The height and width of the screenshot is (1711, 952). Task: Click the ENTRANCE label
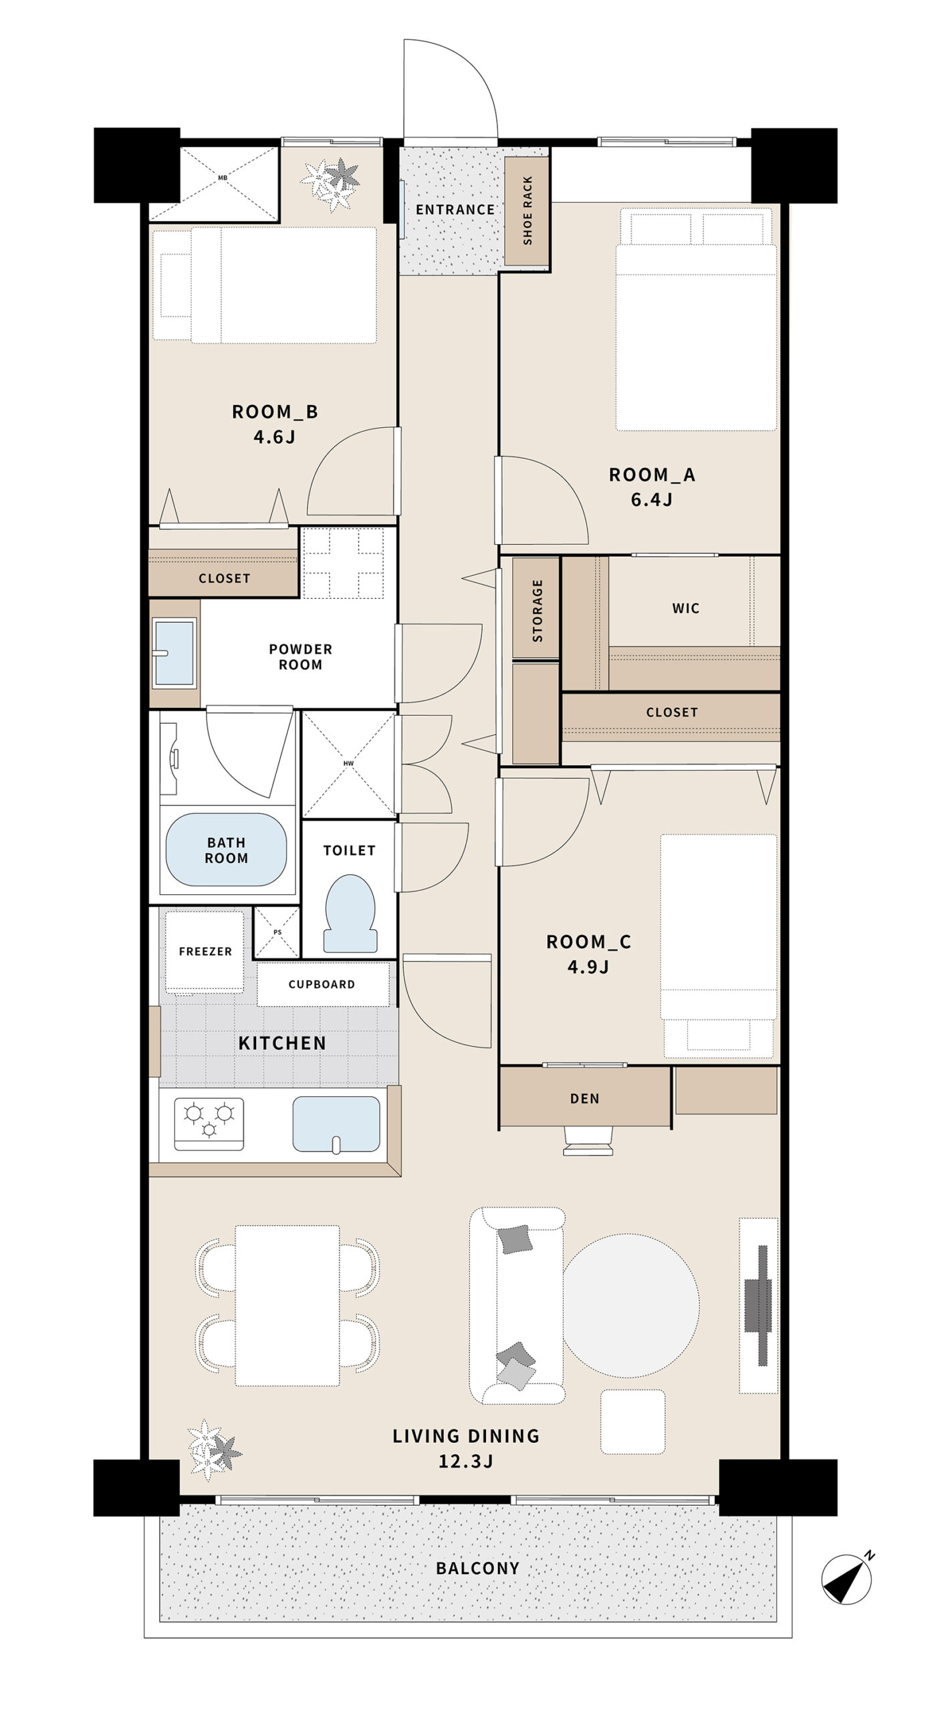[x=455, y=210]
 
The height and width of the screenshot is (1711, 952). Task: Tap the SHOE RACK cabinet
[x=527, y=211]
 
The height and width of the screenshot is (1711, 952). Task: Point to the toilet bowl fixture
[x=350, y=912]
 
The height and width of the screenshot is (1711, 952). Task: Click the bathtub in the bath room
[x=226, y=849]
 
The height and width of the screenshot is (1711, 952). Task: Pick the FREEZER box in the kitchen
[x=205, y=951]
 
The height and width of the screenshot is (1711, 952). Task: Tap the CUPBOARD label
[x=322, y=984]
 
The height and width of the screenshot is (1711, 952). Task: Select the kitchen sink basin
[x=336, y=1124]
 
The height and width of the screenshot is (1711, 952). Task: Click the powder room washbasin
[x=174, y=653]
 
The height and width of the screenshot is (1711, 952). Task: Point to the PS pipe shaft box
[x=277, y=932]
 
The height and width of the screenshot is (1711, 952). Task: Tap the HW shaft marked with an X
[x=348, y=763]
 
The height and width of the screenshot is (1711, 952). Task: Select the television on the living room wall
[x=759, y=1305]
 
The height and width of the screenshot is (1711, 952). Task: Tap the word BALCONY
[x=477, y=1568]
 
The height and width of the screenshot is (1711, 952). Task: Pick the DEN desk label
[x=585, y=1098]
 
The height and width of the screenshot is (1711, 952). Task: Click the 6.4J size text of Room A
[x=651, y=499]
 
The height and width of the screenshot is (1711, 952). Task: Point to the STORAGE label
[x=537, y=610]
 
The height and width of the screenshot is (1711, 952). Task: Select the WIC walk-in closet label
[x=686, y=608]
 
